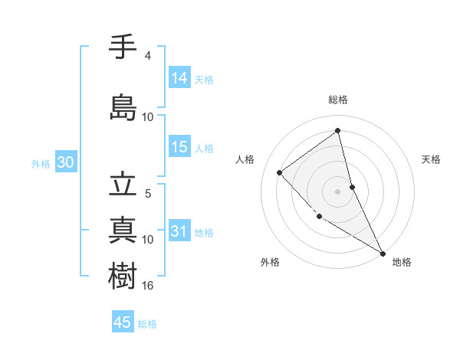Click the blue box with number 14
click(x=179, y=78)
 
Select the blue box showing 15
click(x=179, y=147)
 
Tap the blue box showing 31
click(x=179, y=231)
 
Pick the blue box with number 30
click(x=65, y=162)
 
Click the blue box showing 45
click(x=123, y=322)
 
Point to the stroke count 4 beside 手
click(x=148, y=56)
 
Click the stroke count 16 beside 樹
click(x=148, y=285)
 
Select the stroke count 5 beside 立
click(x=148, y=194)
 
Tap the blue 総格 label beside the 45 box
click(x=147, y=324)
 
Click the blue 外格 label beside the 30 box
click(x=41, y=163)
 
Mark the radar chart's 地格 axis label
click(x=402, y=262)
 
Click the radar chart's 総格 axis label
click(x=338, y=100)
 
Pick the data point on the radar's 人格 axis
click(x=280, y=172)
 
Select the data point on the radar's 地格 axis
click(x=382, y=252)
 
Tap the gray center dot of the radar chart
click(x=338, y=191)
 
